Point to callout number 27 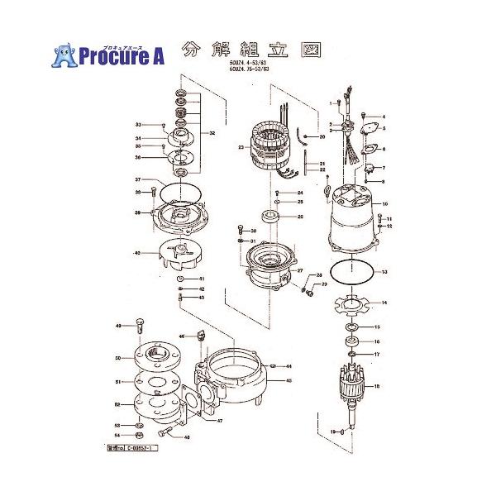tap(300, 271)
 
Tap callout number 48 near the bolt tap(187, 437)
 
